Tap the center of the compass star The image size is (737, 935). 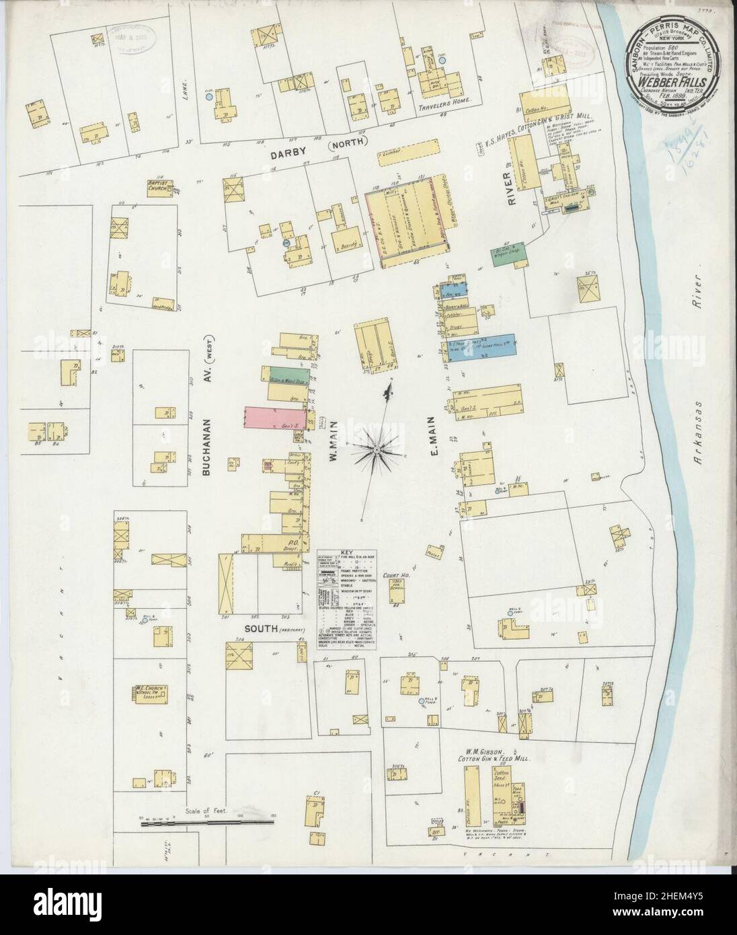pyautogui.click(x=378, y=448)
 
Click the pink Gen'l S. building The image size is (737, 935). pyautogui.click(x=276, y=417)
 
